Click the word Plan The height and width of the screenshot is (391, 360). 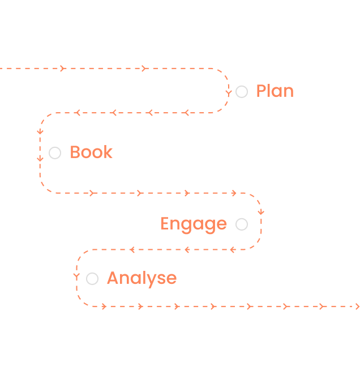pos(275,91)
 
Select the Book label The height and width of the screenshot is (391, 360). pos(91,152)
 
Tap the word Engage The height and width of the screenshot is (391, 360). pos(194,224)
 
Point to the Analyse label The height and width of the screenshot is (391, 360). pos(142,278)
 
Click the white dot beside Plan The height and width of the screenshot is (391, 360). pos(242,91)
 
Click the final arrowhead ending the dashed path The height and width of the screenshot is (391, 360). pos(357,307)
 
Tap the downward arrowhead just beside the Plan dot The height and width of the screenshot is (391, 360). pos(229,92)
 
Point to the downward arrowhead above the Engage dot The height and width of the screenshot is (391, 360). pos(261,212)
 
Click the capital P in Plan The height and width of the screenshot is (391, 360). pos(261,91)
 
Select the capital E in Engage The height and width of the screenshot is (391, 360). pos(165,224)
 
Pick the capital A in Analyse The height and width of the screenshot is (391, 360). pos(113,278)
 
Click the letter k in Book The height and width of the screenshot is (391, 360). pos(108,152)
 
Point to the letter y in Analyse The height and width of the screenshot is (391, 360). pos(148,280)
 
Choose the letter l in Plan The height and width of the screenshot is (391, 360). pos(270,91)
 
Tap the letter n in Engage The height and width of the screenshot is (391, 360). pos(176,225)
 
